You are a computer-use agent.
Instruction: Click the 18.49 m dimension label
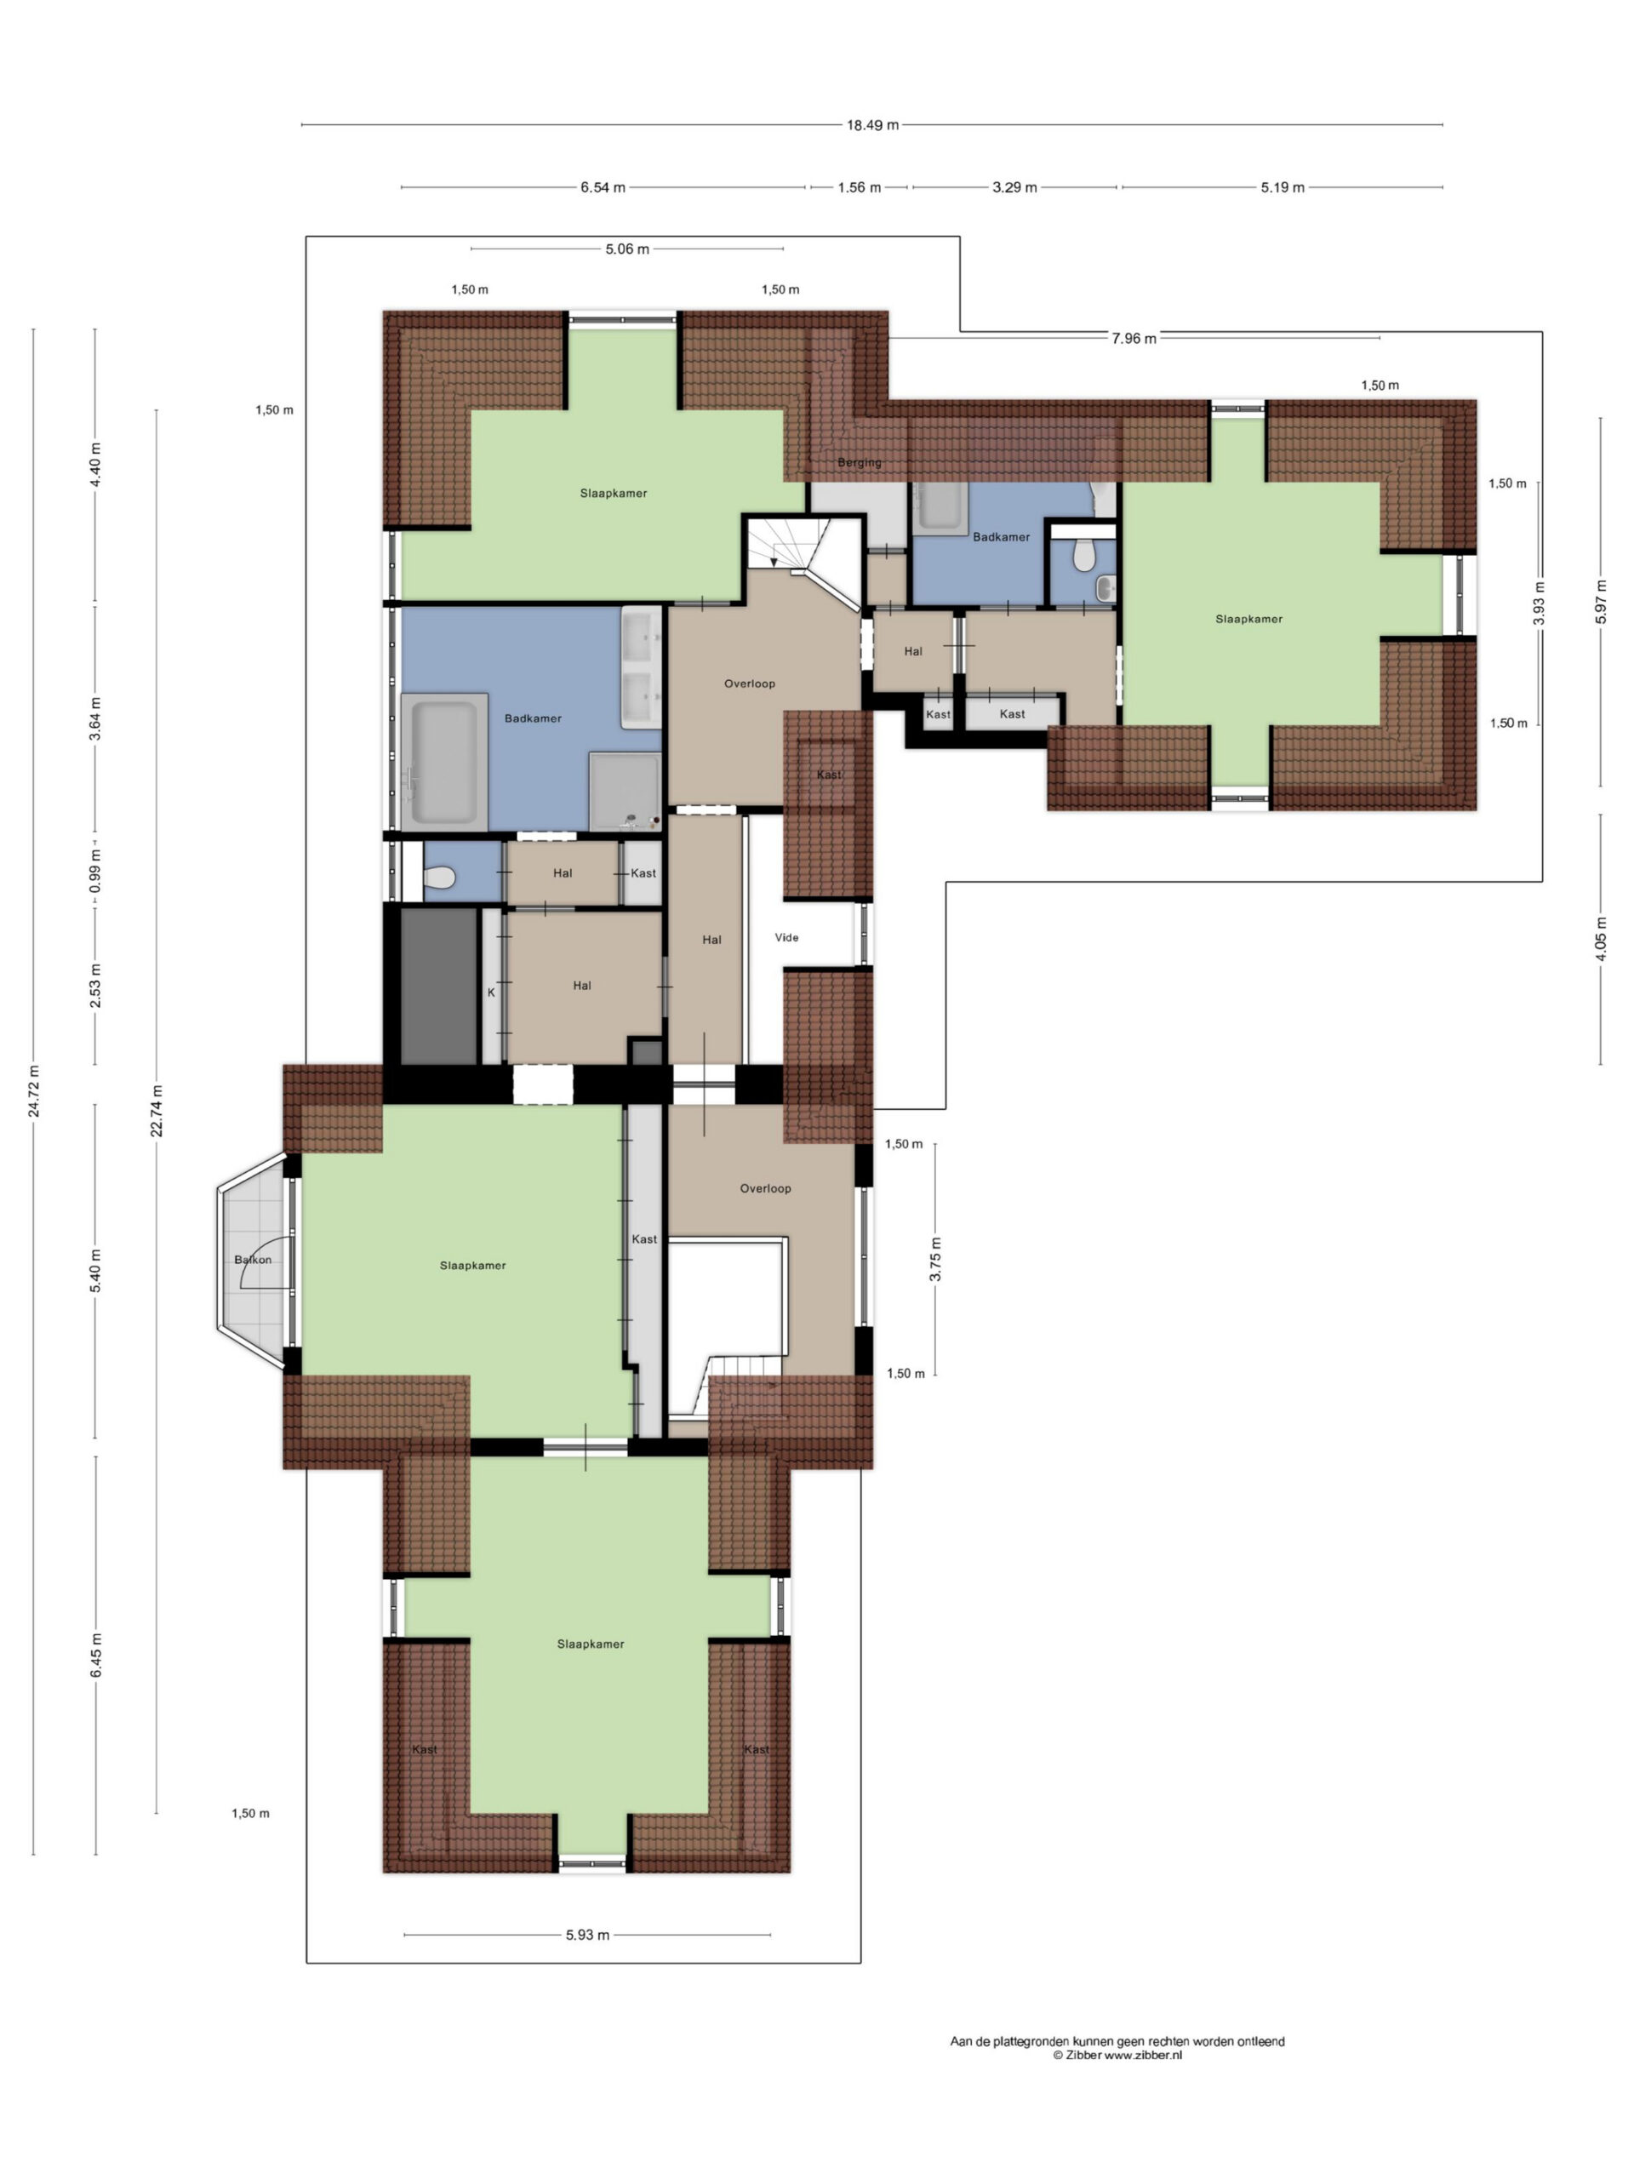pos(871,125)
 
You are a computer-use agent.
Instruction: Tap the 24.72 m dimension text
pos(35,1091)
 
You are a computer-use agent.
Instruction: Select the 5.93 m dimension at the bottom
pos(587,1935)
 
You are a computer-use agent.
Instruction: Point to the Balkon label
pos(253,1260)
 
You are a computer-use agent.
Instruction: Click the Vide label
pos(786,938)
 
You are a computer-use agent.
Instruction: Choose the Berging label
pos(859,463)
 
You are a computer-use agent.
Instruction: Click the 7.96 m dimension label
pos(1134,339)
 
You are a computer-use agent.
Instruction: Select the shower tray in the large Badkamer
pos(625,791)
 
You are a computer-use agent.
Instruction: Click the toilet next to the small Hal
pos(439,877)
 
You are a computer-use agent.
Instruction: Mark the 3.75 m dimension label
pos(935,1259)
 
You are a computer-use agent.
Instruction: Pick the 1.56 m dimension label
pos(859,187)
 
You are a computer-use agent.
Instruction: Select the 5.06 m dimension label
pos(627,249)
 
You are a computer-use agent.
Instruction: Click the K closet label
pos(490,993)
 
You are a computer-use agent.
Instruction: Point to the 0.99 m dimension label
pos(95,871)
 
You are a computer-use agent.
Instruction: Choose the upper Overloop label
pos(750,683)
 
